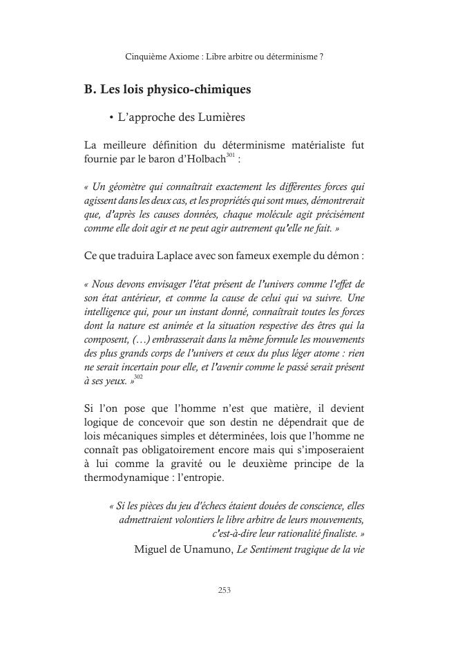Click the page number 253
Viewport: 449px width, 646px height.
tap(224, 589)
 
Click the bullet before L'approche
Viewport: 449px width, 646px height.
tap(111, 118)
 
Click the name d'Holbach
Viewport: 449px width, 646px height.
tap(200, 160)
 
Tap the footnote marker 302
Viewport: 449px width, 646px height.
tap(138, 377)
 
